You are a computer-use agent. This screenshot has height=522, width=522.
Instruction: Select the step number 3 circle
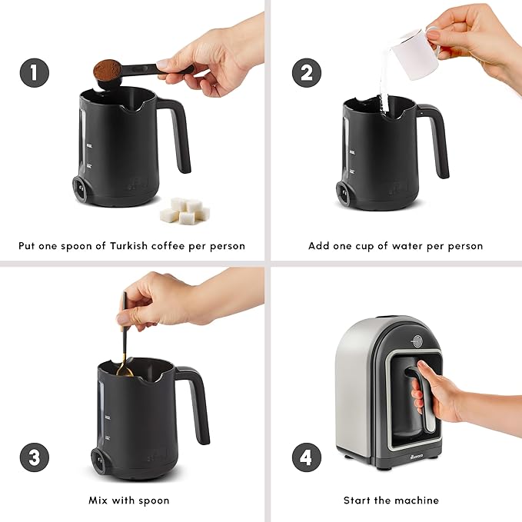point(33,457)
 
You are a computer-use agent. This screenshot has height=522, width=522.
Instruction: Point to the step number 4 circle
point(306,457)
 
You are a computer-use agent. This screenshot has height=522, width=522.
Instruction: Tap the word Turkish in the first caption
point(135,246)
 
